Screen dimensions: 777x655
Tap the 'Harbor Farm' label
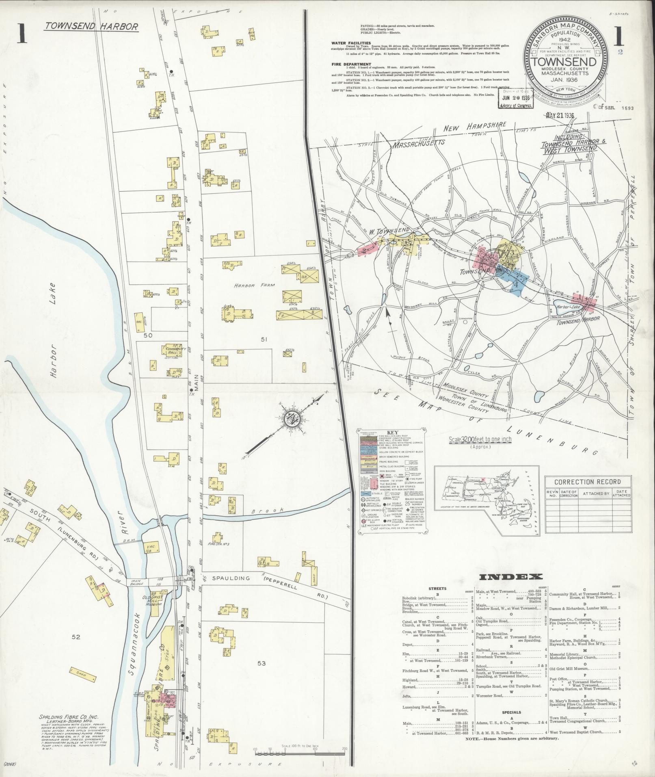(x=249, y=286)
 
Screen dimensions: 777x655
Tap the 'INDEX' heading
(x=511, y=577)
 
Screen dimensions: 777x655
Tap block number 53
(x=262, y=663)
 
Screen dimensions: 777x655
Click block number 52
(x=76, y=637)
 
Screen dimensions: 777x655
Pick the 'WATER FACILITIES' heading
(x=351, y=43)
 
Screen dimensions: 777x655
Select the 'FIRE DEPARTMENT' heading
(x=351, y=64)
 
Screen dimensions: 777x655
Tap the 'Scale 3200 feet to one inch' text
(x=480, y=440)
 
